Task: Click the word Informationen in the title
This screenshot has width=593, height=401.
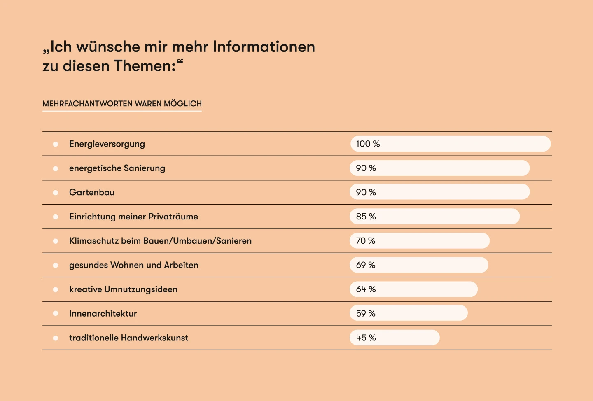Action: [264, 47]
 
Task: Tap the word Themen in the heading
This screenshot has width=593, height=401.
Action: [145, 66]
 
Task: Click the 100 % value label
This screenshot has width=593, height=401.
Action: [368, 144]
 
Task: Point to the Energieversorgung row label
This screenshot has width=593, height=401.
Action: [107, 144]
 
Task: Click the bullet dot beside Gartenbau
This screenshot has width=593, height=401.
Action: [56, 193]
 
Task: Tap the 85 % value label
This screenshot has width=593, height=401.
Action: [366, 217]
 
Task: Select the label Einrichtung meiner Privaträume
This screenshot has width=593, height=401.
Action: [133, 217]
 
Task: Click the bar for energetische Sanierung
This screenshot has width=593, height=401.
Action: [439, 168]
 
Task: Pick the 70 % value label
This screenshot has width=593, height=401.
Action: [365, 241]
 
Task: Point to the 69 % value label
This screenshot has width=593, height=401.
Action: [365, 265]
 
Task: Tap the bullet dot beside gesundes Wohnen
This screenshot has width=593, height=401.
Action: [56, 266]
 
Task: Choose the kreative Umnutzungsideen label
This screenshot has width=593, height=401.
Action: [123, 289]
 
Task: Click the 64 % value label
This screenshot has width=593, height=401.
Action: [366, 289]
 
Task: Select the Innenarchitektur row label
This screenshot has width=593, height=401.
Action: [103, 314]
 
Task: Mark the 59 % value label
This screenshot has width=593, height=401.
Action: [366, 314]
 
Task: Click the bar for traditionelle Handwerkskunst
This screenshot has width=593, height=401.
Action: [395, 338]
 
